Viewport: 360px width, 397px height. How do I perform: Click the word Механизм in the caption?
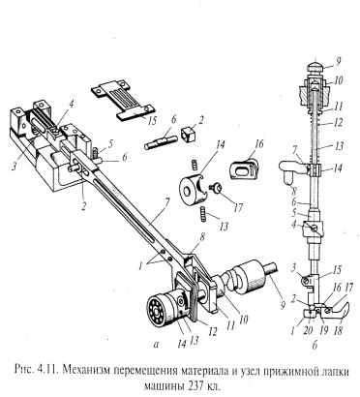click(86, 371)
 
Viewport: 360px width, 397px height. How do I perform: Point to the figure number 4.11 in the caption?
click(47, 371)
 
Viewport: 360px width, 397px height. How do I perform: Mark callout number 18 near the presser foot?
click(338, 330)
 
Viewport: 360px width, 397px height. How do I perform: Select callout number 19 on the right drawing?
click(323, 330)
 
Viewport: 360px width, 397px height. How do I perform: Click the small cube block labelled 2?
click(189, 135)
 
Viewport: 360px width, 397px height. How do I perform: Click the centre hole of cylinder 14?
click(187, 192)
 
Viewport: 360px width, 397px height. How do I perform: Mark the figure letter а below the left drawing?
click(157, 345)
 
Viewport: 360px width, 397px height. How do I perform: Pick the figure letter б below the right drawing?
click(315, 346)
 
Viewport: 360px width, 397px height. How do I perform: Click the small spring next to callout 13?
click(203, 214)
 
